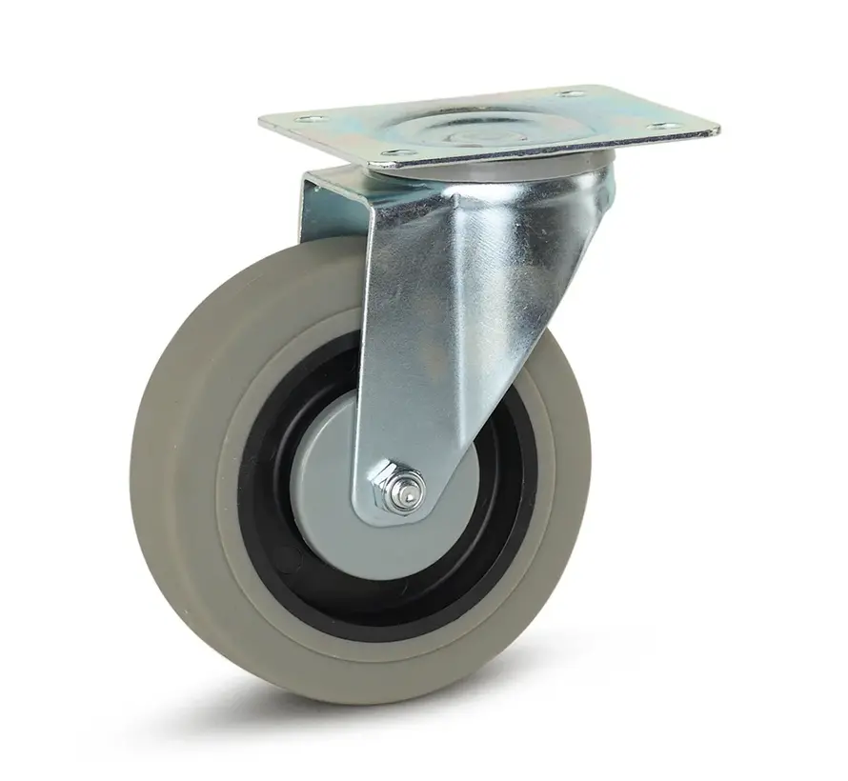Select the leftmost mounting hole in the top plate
point(306,119)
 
